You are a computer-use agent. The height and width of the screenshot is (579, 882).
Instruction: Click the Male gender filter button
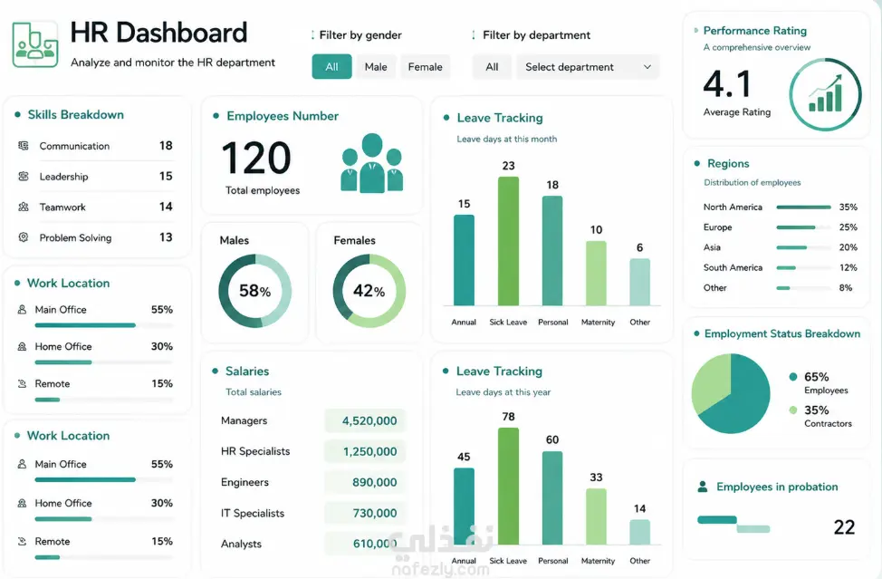pos(376,67)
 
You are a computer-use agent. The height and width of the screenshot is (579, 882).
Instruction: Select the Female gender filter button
pos(426,67)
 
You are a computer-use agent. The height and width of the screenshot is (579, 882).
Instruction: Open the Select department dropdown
pos(588,67)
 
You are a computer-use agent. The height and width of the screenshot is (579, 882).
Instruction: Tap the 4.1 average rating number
pos(727,84)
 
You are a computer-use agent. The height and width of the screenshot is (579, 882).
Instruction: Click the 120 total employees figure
pos(256,158)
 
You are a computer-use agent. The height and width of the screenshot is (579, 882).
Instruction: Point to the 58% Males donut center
pos(254,291)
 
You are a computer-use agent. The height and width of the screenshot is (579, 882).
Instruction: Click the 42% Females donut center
pos(369,291)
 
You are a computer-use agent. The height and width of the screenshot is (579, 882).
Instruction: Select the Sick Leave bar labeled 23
pos(509,241)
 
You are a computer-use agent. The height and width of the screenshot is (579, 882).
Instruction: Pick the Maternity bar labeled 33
pos(596,516)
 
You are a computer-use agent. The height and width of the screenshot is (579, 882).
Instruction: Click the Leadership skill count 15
pos(166,176)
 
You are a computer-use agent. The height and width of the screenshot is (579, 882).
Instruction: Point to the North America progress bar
pos(803,207)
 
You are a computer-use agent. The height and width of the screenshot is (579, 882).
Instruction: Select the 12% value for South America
pos(848,268)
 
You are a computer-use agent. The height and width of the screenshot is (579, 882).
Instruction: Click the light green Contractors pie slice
pos(712,384)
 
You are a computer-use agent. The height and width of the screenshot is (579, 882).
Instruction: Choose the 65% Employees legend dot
pos(793,377)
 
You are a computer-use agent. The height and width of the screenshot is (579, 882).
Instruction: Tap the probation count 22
pos(844,527)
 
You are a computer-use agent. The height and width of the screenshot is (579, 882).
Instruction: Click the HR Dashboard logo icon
pos(35,44)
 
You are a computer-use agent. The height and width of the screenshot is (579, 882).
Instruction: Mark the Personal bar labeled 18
pos(552,250)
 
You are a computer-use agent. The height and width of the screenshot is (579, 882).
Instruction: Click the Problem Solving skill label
pos(75,238)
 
